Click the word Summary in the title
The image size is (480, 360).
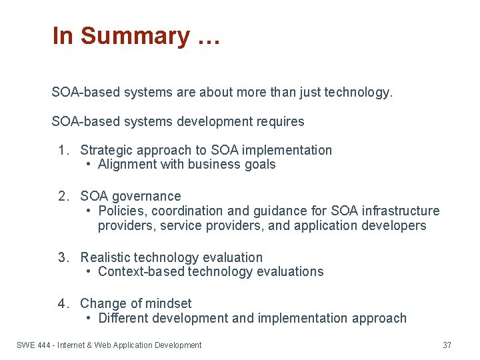coord(135,36)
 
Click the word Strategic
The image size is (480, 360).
coord(107,150)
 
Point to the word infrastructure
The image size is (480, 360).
coord(401,211)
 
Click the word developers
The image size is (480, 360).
coord(393,226)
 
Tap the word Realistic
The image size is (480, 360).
coord(105,257)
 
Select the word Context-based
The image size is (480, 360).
coord(143,272)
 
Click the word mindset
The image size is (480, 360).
coord(169,303)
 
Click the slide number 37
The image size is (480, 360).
coord(447,345)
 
